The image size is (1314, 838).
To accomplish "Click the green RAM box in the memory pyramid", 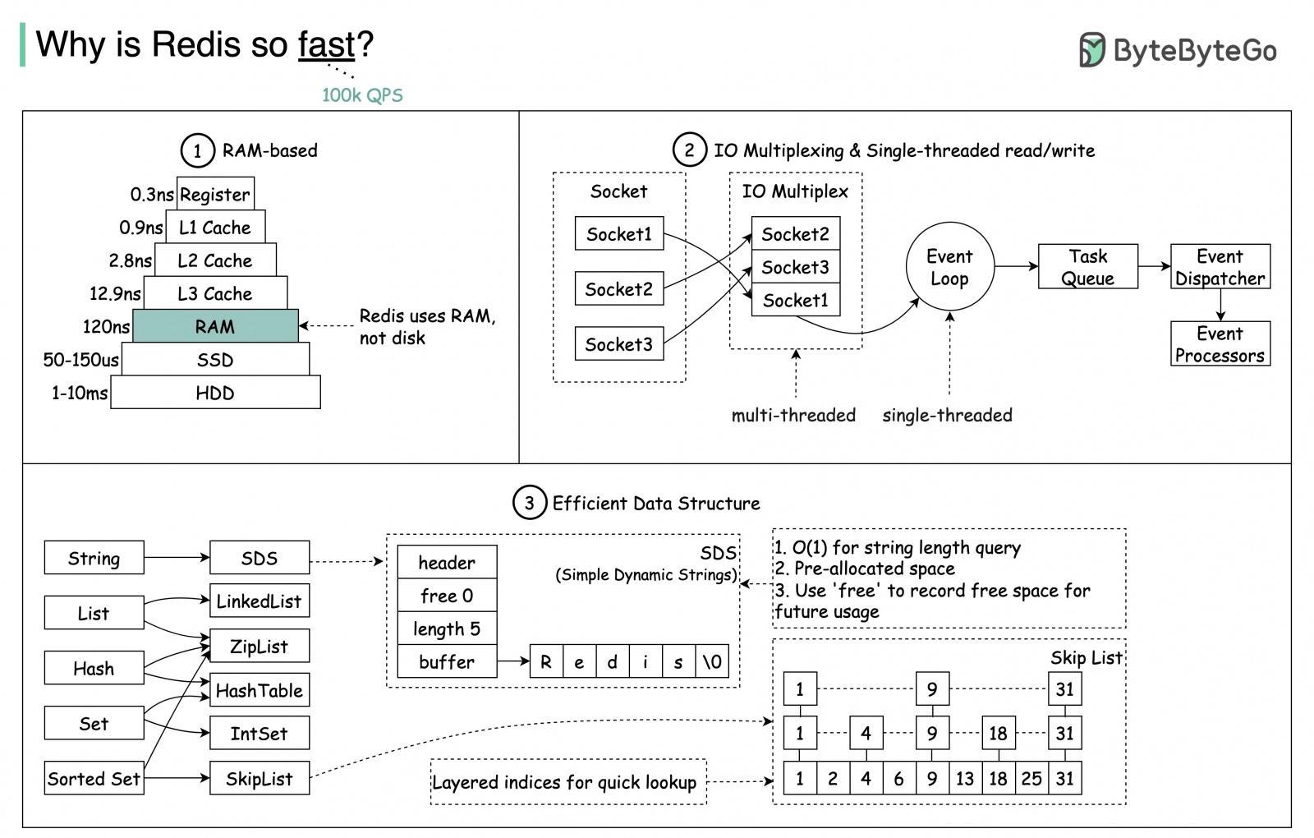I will pyautogui.click(x=215, y=326).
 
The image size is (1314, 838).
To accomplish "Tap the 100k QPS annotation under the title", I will pyautogui.click(x=362, y=95).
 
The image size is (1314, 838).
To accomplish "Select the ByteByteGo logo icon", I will pyautogui.click(x=1091, y=50).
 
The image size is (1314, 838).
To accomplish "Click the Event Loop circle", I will pyautogui.click(x=949, y=267).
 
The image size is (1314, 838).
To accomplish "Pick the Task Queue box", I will pyautogui.click(x=1087, y=267).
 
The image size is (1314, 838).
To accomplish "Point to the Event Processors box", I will pyautogui.click(x=1220, y=344).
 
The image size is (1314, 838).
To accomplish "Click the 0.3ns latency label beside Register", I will pyautogui.click(x=152, y=195).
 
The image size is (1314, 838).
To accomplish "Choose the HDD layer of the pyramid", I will pyautogui.click(x=215, y=393).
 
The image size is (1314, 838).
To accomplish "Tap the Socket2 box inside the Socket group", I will pyautogui.click(x=618, y=289).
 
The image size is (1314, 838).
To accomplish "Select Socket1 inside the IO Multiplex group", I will pyautogui.click(x=795, y=300).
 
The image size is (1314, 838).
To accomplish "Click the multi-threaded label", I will pyautogui.click(x=793, y=415).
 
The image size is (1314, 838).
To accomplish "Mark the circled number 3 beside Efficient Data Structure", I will pyautogui.click(x=529, y=503).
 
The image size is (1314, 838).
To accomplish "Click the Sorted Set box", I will pyautogui.click(x=94, y=778).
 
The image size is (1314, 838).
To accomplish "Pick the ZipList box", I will pyautogui.click(x=259, y=646).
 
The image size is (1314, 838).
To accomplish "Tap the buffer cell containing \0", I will pyautogui.click(x=712, y=661).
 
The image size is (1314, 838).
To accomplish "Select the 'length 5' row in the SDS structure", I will pyautogui.click(x=447, y=628).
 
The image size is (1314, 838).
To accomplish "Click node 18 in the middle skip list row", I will pyautogui.click(x=998, y=733).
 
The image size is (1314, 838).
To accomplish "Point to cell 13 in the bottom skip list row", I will pyautogui.click(x=964, y=778).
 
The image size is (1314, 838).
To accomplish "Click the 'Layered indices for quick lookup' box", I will pyautogui.click(x=567, y=781).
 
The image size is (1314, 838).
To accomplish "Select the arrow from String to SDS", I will pyautogui.click(x=176, y=558).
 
